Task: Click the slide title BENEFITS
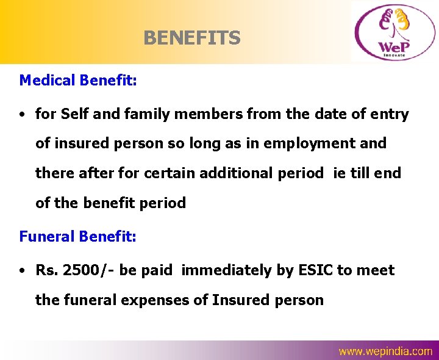point(192,38)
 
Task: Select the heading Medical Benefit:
point(78,81)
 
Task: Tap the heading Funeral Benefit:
point(78,236)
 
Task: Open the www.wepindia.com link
point(385,351)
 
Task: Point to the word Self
point(76,114)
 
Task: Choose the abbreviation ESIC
point(315,270)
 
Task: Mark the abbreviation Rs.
point(46,270)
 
